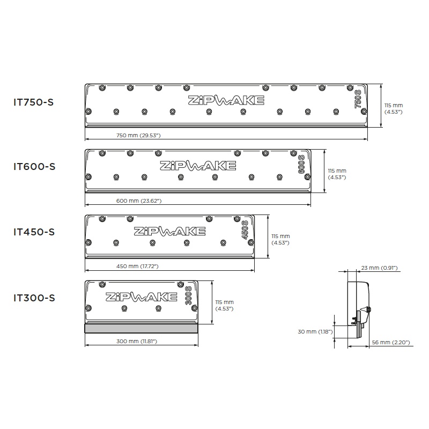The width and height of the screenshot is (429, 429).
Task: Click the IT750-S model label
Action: click(x=34, y=102)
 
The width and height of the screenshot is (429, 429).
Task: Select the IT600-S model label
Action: click(x=34, y=167)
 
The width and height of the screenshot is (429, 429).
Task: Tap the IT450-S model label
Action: click(x=34, y=232)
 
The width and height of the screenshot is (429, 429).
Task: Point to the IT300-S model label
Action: click(x=34, y=298)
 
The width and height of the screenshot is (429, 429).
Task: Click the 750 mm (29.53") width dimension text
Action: click(x=138, y=135)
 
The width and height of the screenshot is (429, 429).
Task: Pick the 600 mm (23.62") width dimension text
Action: click(x=139, y=201)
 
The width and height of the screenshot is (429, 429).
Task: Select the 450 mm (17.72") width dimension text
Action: click(x=137, y=266)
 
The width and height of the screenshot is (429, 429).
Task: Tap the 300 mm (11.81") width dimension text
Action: click(x=137, y=341)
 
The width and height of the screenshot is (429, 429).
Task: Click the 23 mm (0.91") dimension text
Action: click(x=379, y=268)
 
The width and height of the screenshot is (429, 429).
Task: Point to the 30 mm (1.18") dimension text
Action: click(x=315, y=331)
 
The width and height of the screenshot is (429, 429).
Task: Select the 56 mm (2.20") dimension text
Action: click(x=391, y=342)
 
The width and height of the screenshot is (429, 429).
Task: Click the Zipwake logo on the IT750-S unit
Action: click(x=226, y=100)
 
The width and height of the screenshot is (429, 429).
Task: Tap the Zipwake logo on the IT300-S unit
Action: click(x=142, y=297)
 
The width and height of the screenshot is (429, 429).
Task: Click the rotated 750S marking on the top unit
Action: click(x=358, y=99)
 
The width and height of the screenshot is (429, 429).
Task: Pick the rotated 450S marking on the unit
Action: click(x=245, y=230)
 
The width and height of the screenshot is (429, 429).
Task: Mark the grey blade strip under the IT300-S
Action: click(x=141, y=328)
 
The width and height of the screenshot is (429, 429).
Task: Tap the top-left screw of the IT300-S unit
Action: click(x=102, y=284)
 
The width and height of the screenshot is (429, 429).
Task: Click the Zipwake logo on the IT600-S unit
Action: click(x=198, y=166)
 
